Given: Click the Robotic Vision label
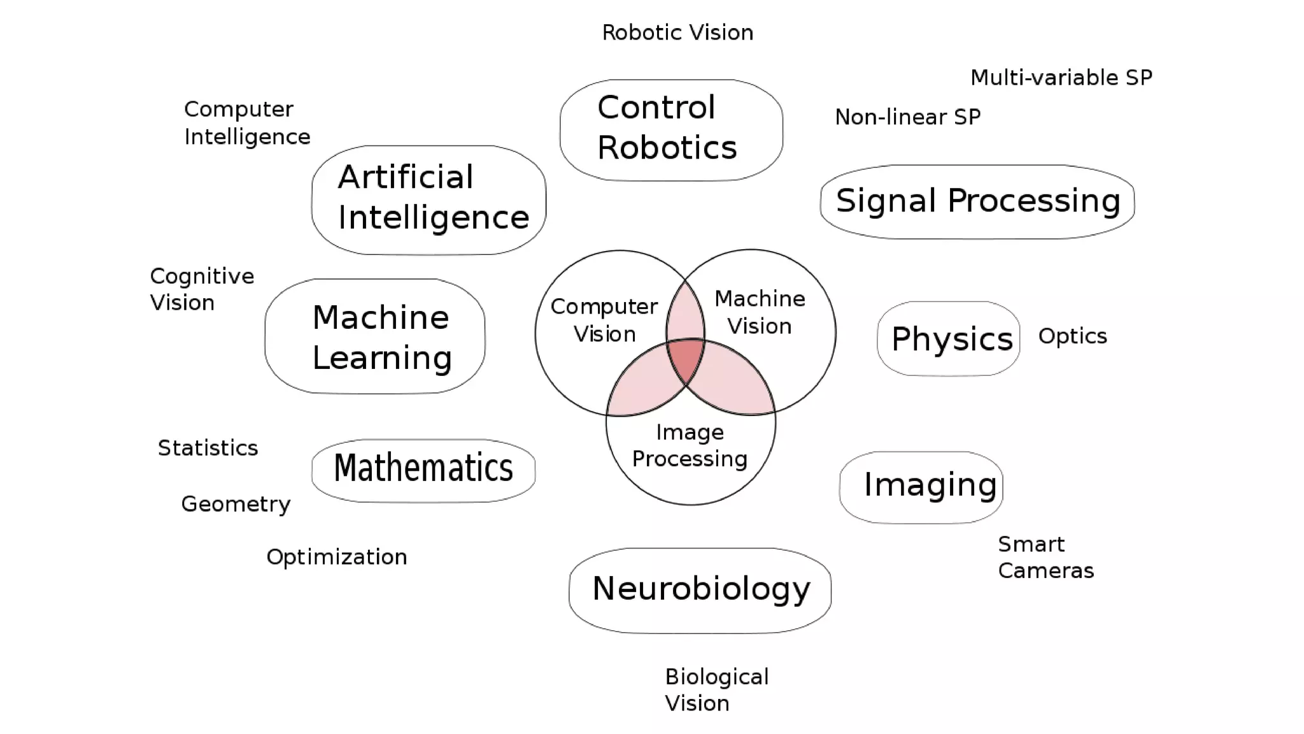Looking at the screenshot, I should coord(677,32).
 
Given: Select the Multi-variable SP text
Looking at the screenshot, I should coord(1061,78).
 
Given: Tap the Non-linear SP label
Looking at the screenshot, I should coord(907,117).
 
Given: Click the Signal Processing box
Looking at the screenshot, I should coord(977,201).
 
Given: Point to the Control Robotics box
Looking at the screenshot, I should coord(671,130).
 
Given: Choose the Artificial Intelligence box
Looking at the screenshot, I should coord(429,199).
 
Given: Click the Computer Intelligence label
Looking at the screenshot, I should coord(247,123).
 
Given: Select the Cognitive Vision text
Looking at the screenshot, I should coord(202,289).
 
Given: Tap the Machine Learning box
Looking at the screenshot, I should coord(375,336).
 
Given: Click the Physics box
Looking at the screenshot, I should coord(949,338).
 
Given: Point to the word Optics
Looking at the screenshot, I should coord(1072,336).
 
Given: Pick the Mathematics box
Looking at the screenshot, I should coord(423,470).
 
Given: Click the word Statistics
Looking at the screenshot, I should coord(208,448).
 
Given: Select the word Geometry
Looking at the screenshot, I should coord(236,504).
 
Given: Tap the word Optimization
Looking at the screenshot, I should coord(336,557).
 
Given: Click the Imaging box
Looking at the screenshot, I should coord(921,487).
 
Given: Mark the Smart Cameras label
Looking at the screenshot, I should coord(1045,558).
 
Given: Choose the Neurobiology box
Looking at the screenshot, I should coord(700,590).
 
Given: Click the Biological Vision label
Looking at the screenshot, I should coord(716,690).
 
